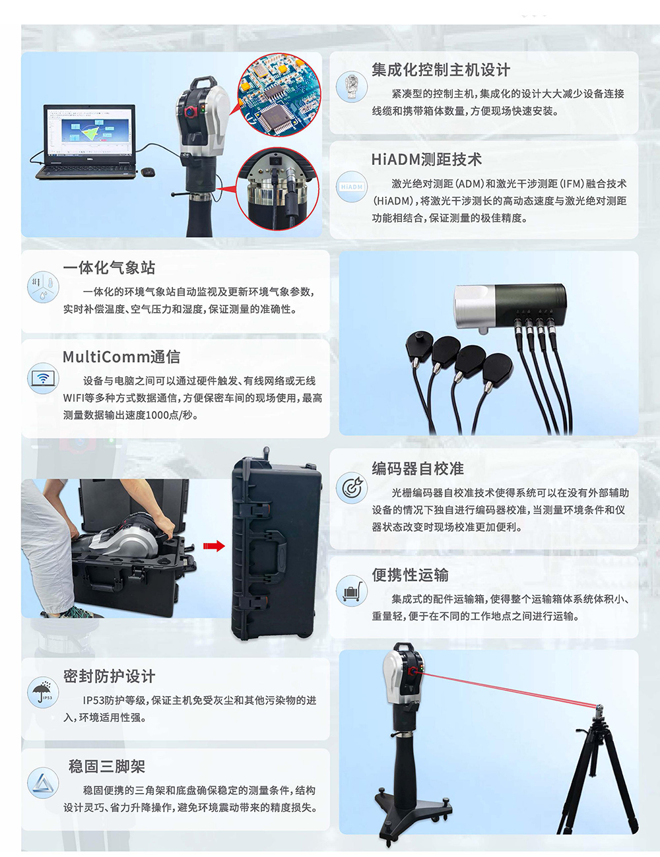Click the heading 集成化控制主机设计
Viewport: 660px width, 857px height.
[x=441, y=70]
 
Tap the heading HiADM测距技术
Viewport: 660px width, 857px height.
[x=426, y=160]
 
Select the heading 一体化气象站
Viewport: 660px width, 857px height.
[x=109, y=268]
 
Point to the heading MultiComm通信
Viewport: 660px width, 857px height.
[x=121, y=357]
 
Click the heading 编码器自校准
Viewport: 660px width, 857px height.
[x=418, y=468]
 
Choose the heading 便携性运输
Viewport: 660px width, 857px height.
[x=410, y=575]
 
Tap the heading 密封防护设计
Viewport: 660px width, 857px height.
[x=109, y=676]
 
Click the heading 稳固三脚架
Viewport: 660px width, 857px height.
[x=107, y=767]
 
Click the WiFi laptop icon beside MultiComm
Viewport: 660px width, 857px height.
[x=43, y=378]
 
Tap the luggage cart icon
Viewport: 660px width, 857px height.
[x=352, y=590]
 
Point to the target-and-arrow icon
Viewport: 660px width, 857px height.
[x=352, y=488]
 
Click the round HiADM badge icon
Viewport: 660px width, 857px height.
[x=352, y=187]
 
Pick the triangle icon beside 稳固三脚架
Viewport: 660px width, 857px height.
[x=43, y=782]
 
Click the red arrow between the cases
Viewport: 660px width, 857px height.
[x=214, y=546]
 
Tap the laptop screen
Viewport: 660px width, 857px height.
[x=90, y=131]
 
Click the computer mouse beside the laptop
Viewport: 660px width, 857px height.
[x=148, y=172]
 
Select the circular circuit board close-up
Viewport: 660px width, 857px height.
[x=279, y=95]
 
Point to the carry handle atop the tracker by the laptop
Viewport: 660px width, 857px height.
[x=205, y=82]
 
